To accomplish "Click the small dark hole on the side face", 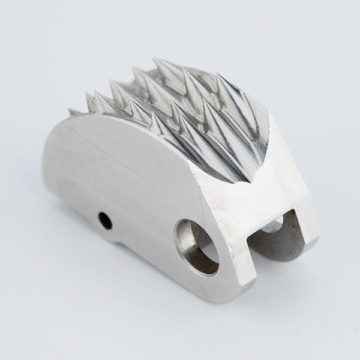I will point(105,221).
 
